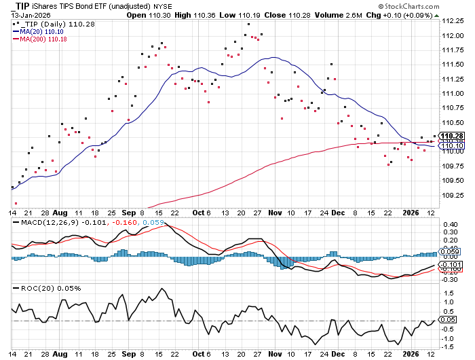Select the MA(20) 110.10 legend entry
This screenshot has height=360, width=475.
click(41, 31)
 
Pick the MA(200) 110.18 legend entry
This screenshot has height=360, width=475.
click(42, 39)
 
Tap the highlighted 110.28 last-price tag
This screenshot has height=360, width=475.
click(452, 137)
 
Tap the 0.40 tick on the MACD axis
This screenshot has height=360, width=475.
click(449, 224)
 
